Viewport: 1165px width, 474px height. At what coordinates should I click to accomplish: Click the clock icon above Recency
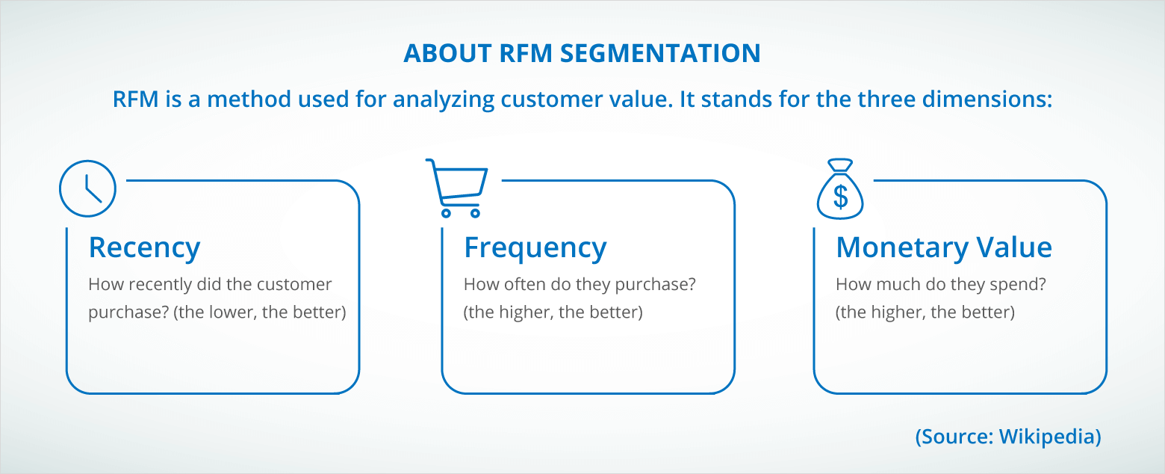87,188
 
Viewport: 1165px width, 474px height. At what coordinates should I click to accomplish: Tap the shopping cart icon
456,188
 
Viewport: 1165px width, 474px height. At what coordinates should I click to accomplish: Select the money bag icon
840,188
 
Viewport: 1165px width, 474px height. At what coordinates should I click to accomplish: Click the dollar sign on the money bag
840,197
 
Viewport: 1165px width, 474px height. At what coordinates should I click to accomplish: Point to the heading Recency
144,248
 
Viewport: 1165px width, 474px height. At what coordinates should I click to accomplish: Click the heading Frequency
535,248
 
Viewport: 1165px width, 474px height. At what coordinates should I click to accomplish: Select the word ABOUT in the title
448,53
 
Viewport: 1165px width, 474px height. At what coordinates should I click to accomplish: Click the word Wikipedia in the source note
1050,437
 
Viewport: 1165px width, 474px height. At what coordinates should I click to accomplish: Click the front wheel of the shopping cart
476,212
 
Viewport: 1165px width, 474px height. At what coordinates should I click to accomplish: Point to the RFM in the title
525,53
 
